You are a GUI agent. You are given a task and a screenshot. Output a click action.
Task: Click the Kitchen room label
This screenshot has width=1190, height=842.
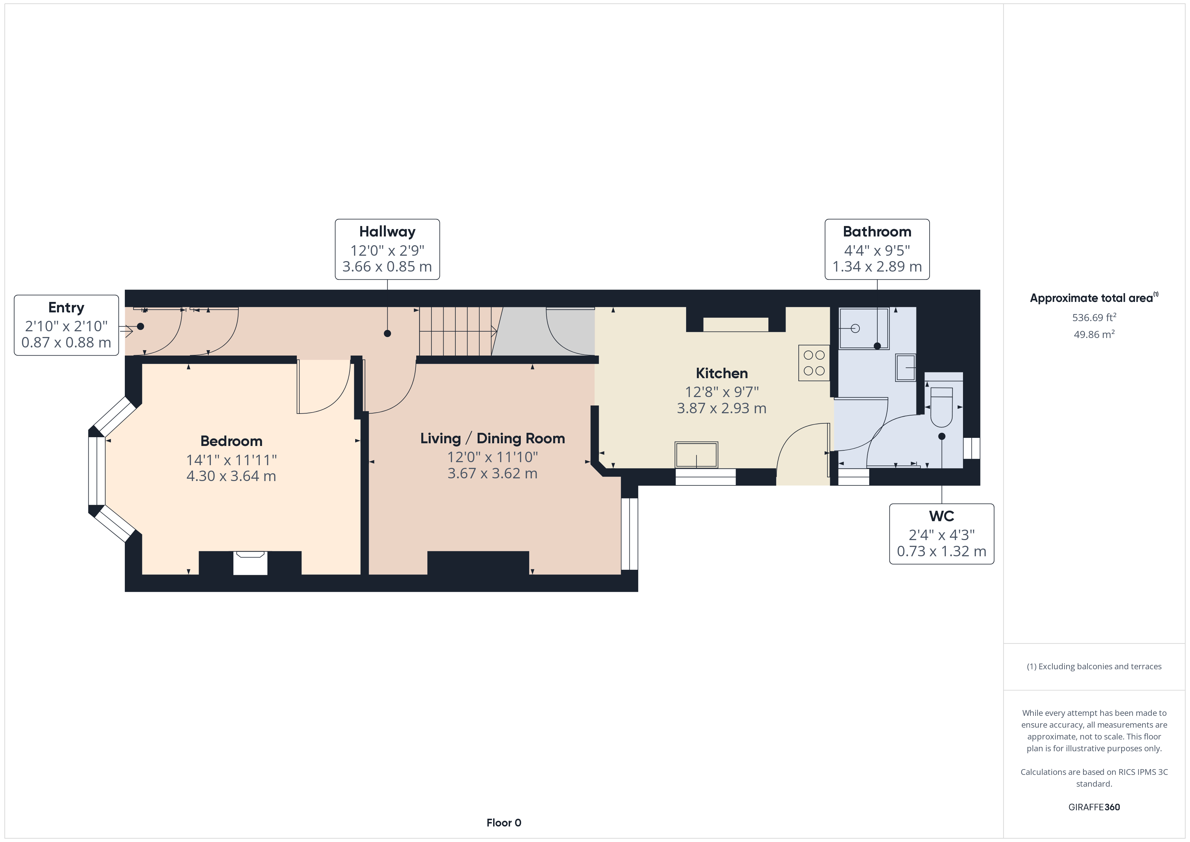click(x=721, y=373)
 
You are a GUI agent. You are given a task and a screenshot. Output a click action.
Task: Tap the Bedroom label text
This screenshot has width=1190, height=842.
click(x=231, y=441)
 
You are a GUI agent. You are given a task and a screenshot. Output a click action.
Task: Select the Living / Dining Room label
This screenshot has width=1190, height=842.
click(x=492, y=439)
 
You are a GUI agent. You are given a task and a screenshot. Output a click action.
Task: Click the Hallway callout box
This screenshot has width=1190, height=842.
click(x=387, y=249)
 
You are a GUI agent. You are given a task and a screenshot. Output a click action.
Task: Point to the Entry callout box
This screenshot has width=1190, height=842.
click(x=66, y=325)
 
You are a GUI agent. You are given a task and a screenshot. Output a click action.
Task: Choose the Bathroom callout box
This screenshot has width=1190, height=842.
click(x=877, y=249)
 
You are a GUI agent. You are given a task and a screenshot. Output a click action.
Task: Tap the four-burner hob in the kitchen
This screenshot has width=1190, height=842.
click(x=814, y=363)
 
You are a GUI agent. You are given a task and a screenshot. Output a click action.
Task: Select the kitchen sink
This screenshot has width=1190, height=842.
click(x=696, y=455)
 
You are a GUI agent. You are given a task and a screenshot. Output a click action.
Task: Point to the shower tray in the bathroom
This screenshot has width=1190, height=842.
click(x=864, y=329)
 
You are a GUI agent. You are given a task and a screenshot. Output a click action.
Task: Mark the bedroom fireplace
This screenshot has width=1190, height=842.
click(x=250, y=563)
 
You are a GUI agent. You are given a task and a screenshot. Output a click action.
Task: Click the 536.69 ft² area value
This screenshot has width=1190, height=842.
click(x=1094, y=317)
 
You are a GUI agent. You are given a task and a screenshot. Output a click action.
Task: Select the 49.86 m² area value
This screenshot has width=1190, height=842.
click(x=1094, y=334)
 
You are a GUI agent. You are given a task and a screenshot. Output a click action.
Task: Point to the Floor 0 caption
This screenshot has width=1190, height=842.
click(x=504, y=823)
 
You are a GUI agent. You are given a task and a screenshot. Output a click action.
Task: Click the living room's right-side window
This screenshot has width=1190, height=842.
click(x=629, y=534)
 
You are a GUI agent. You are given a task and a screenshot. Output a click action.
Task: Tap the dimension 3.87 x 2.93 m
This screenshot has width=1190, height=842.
click(x=721, y=409)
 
